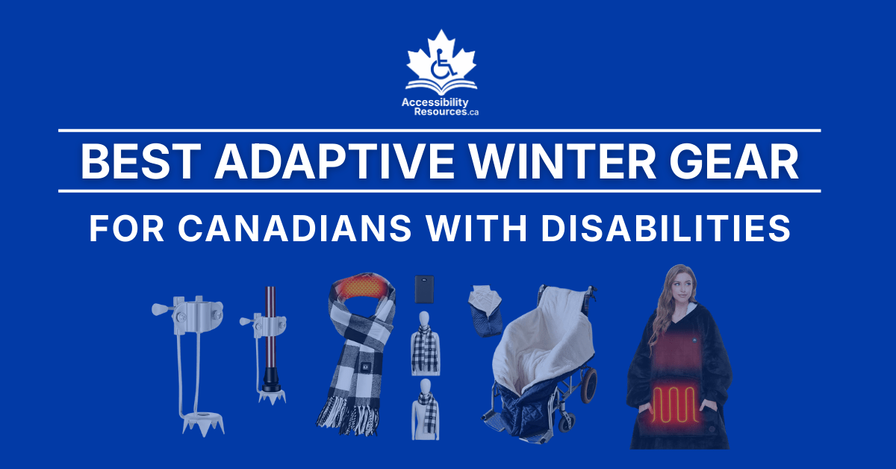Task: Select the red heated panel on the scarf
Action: [364, 288]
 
